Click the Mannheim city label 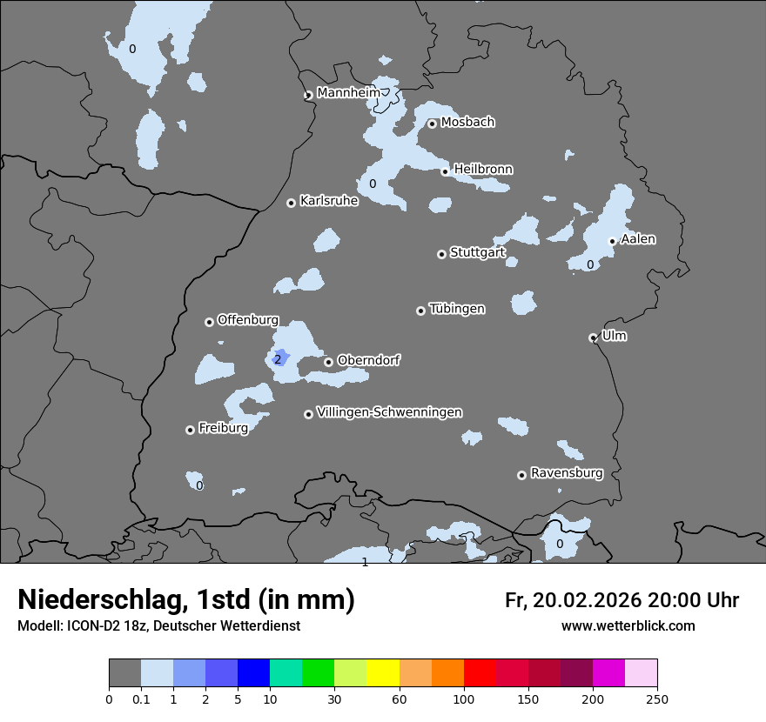coord(348,92)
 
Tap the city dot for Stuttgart coord(441,254)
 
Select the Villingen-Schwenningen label coord(389,412)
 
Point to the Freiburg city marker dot coord(190,430)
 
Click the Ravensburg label coord(567,473)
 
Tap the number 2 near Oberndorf coord(278,359)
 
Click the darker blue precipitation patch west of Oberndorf coord(283,354)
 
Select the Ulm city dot coord(593,338)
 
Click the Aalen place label coord(638,239)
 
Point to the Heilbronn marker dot coord(445,171)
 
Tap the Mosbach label coord(467,123)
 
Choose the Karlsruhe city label coord(329,201)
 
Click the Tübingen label coord(457,309)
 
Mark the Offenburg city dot coord(209,322)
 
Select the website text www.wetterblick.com coord(628,626)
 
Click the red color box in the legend coord(480,673)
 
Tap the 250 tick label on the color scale coord(657,699)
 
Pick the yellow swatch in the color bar coord(383,673)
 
